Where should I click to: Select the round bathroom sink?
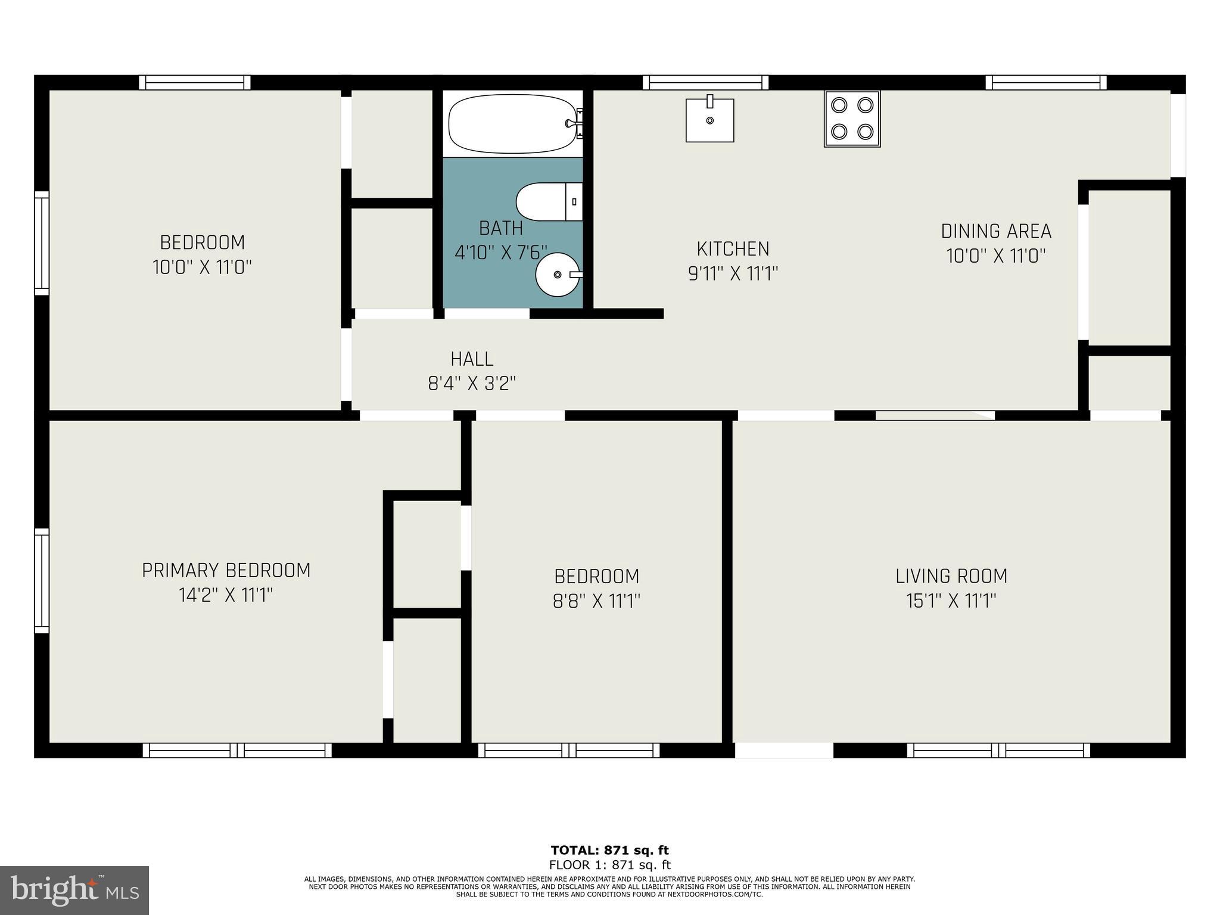(x=558, y=274)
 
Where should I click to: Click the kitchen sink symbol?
(x=709, y=120)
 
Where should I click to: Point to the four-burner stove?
(x=852, y=119)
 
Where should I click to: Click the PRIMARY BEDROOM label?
(x=226, y=571)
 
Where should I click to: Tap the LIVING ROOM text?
(x=951, y=576)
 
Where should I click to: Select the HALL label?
(x=472, y=359)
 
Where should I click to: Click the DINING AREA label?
(x=996, y=231)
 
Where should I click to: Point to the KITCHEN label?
(x=733, y=248)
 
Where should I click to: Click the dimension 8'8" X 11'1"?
(x=596, y=601)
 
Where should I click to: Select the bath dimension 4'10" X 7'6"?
(x=500, y=253)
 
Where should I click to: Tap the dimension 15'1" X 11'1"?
(x=951, y=601)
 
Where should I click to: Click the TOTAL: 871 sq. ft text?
(x=609, y=850)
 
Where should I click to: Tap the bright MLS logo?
(x=74, y=890)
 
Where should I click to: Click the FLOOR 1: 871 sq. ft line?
(x=609, y=864)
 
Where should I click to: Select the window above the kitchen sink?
(x=705, y=82)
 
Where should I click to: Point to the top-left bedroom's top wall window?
(x=195, y=82)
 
